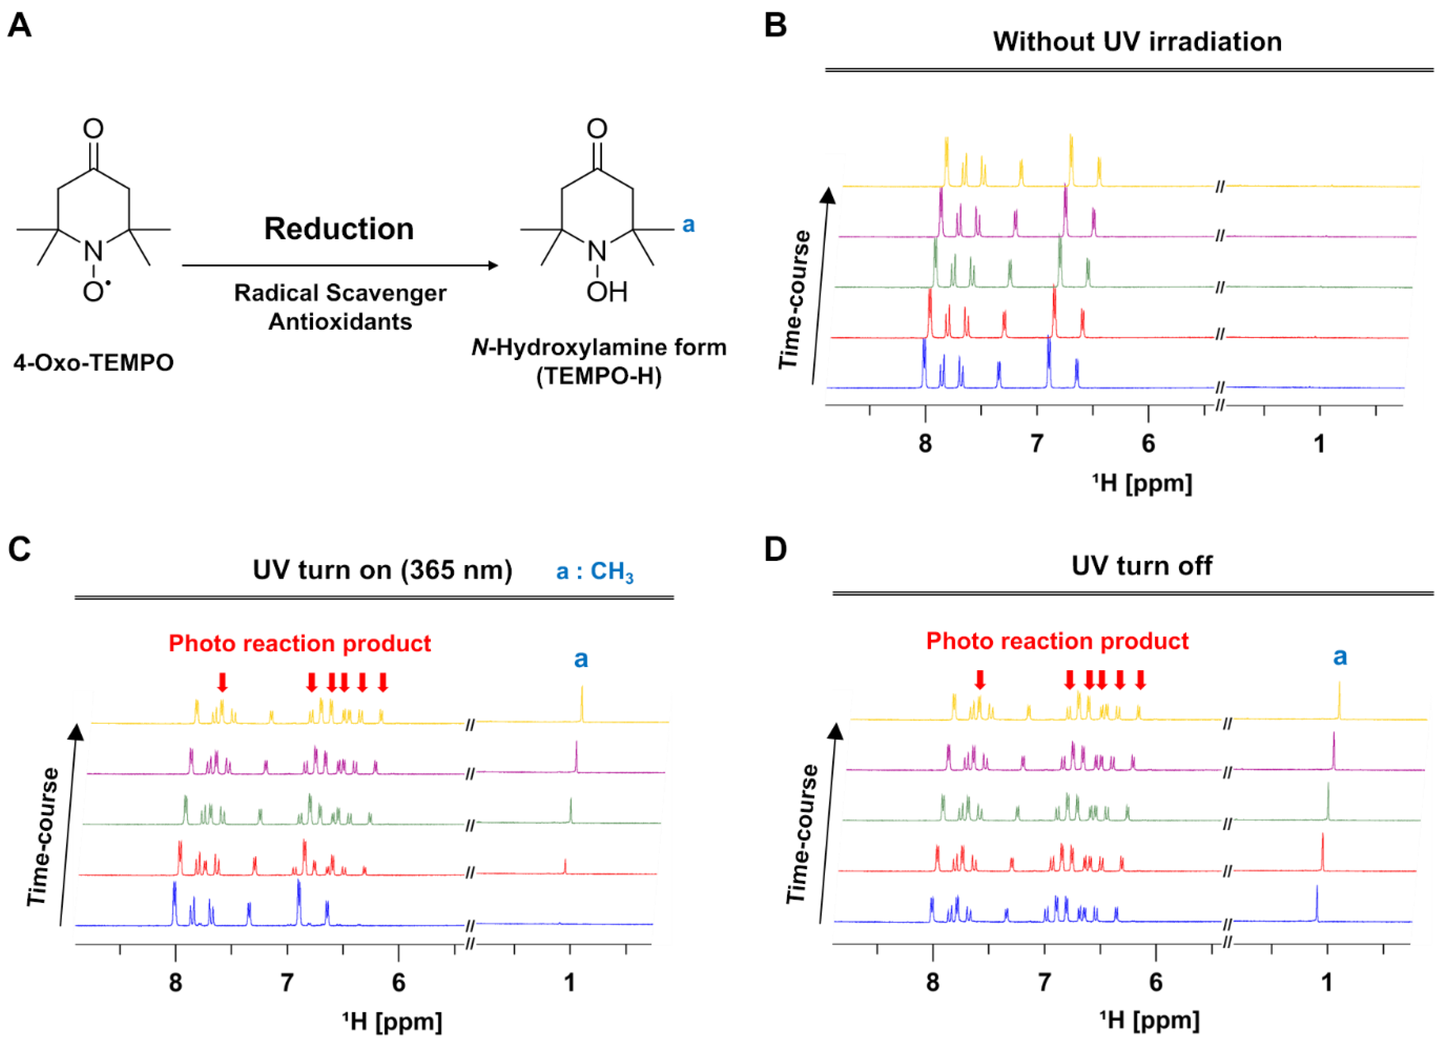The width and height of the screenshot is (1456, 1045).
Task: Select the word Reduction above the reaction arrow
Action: (x=339, y=229)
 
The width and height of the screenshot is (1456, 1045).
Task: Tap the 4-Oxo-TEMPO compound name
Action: (x=94, y=363)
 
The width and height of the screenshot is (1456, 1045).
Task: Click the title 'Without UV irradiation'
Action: (x=1137, y=42)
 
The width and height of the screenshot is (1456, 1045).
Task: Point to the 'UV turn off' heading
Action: (x=1141, y=566)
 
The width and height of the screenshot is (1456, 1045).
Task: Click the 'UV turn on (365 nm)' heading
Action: (x=383, y=570)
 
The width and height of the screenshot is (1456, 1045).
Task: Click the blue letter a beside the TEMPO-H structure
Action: (x=688, y=225)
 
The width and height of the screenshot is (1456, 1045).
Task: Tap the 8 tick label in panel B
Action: (x=925, y=443)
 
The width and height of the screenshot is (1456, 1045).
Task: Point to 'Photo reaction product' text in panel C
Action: (x=300, y=643)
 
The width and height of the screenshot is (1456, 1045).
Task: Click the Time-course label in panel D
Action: (x=803, y=834)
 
